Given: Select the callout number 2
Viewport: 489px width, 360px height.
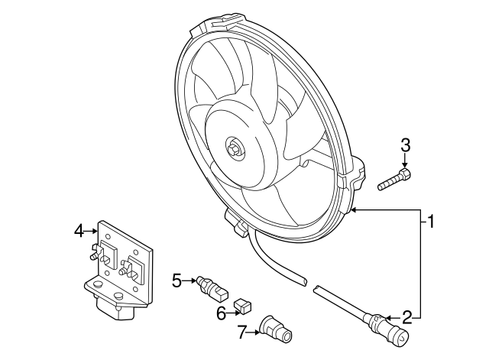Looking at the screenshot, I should click(x=407, y=316).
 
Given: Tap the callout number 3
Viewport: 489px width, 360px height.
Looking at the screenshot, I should click(x=406, y=144).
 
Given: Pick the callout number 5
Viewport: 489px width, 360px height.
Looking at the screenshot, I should click(x=176, y=281).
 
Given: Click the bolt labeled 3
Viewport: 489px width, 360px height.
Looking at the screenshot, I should click(x=395, y=181).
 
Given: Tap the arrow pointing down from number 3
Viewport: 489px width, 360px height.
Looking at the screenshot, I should click(x=406, y=161).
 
